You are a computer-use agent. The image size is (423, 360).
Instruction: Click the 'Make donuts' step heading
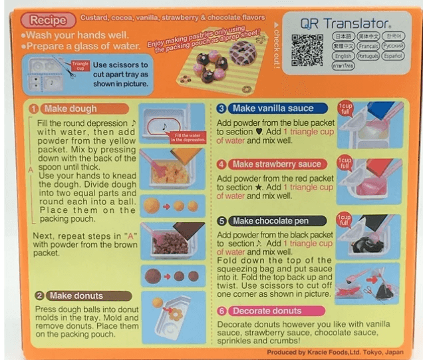pyautogui.click(x=72, y=296)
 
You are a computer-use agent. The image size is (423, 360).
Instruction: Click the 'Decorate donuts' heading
pyautogui.click(x=270, y=311)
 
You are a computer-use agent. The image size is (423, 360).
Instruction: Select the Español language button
pyautogui.click(x=393, y=57)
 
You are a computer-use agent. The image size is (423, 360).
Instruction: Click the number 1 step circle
pyautogui.click(x=33, y=108)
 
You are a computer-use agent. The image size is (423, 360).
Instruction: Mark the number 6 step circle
pyautogui.click(x=222, y=311)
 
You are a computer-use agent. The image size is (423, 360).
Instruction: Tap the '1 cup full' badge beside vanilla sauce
pyautogui.click(x=345, y=107)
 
